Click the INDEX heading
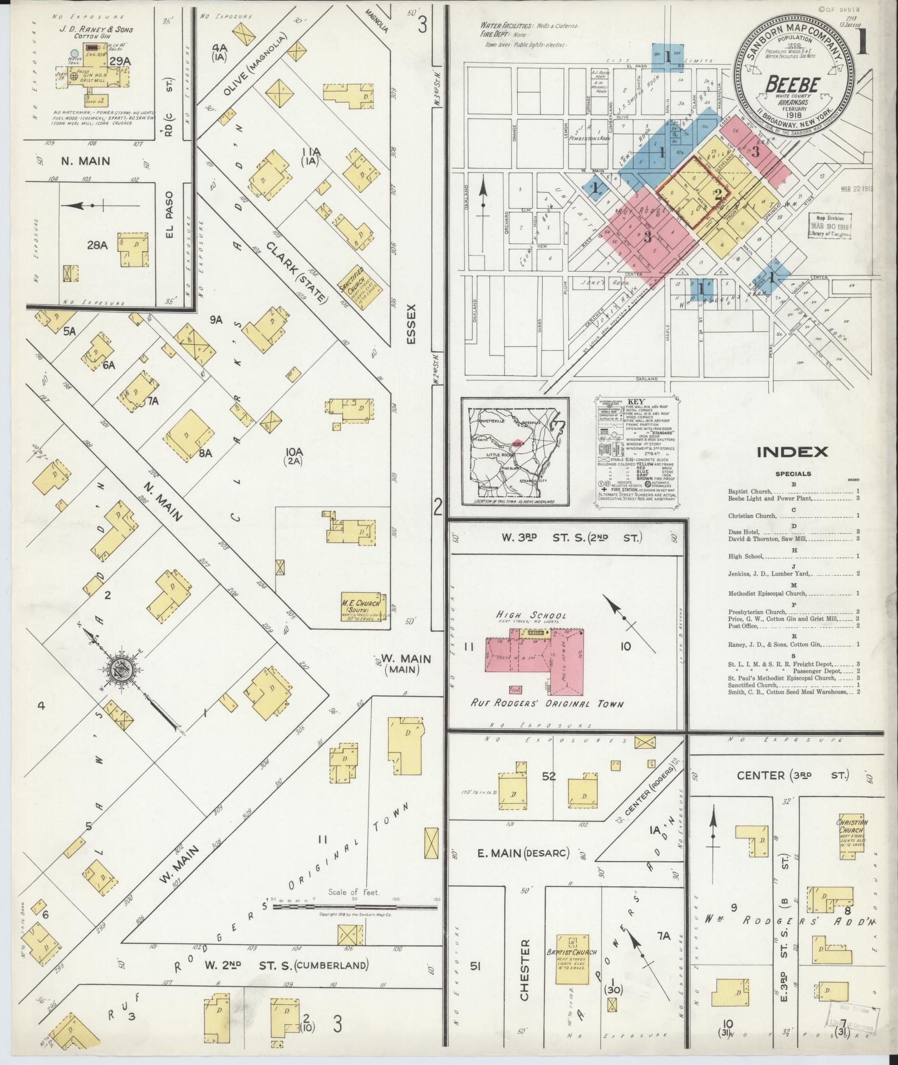pyautogui.click(x=792, y=451)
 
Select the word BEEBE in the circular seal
pyautogui.click(x=793, y=85)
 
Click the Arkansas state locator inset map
pyautogui.click(x=515, y=452)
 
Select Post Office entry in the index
pyautogui.click(x=742, y=626)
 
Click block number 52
pyautogui.click(x=548, y=776)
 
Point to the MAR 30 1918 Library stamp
pyautogui.click(x=829, y=227)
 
